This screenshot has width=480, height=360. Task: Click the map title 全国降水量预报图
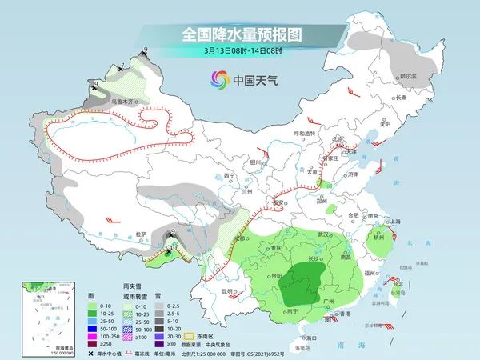coord(239,34)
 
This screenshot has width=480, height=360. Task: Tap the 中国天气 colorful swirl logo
coord(219,79)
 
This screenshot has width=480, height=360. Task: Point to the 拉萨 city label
coord(142,234)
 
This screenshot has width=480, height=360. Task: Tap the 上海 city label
coord(394,222)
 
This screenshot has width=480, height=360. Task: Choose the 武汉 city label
coord(324,234)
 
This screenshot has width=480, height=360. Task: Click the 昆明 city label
coord(228,290)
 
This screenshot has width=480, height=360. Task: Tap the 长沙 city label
coord(315,259)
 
